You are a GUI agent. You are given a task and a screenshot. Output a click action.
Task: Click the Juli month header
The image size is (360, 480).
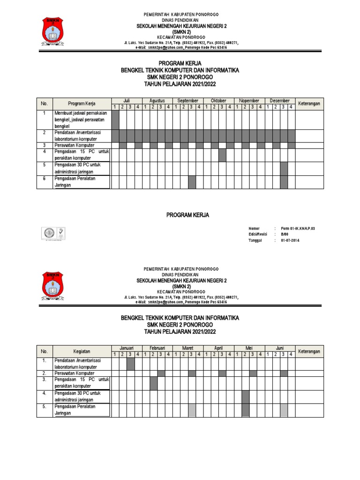pos(127,101)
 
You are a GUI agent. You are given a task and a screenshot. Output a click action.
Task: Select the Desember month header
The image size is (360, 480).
pos(280,101)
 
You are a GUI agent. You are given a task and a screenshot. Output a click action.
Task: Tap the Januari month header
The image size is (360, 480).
pos(127,348)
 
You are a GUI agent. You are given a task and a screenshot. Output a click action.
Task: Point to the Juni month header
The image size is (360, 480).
pos(280,348)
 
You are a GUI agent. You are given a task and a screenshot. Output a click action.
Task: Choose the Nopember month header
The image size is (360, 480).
pos(249,101)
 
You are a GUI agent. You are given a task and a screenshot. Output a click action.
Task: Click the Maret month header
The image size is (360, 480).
pos(187,348)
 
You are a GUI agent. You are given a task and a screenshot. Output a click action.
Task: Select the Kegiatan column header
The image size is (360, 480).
pos(82,351)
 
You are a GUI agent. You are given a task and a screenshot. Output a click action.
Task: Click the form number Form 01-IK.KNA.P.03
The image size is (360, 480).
pos(298,228)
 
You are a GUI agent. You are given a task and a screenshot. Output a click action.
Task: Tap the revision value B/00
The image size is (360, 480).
pos(285,234)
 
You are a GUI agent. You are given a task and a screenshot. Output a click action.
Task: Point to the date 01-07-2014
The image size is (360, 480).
pos(290,240)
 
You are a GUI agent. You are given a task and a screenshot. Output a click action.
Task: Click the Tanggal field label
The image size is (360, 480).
pos(256,240)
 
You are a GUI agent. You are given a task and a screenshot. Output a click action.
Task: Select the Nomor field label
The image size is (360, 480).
pos(254,228)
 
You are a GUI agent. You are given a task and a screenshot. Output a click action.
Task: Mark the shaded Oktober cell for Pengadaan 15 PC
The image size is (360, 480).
pos(222,155)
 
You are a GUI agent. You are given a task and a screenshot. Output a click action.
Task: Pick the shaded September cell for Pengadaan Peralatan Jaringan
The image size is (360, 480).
pos(192,182)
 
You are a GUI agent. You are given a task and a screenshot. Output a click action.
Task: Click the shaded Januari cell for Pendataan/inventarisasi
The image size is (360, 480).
pos(131,364)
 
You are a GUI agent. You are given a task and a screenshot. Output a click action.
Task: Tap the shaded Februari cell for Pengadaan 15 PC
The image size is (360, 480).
pos(154,383)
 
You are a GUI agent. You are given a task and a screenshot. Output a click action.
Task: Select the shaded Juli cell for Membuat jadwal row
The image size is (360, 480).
pos(115,120)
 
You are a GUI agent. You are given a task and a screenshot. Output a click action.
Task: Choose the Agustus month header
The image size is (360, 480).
pos(157,101)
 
